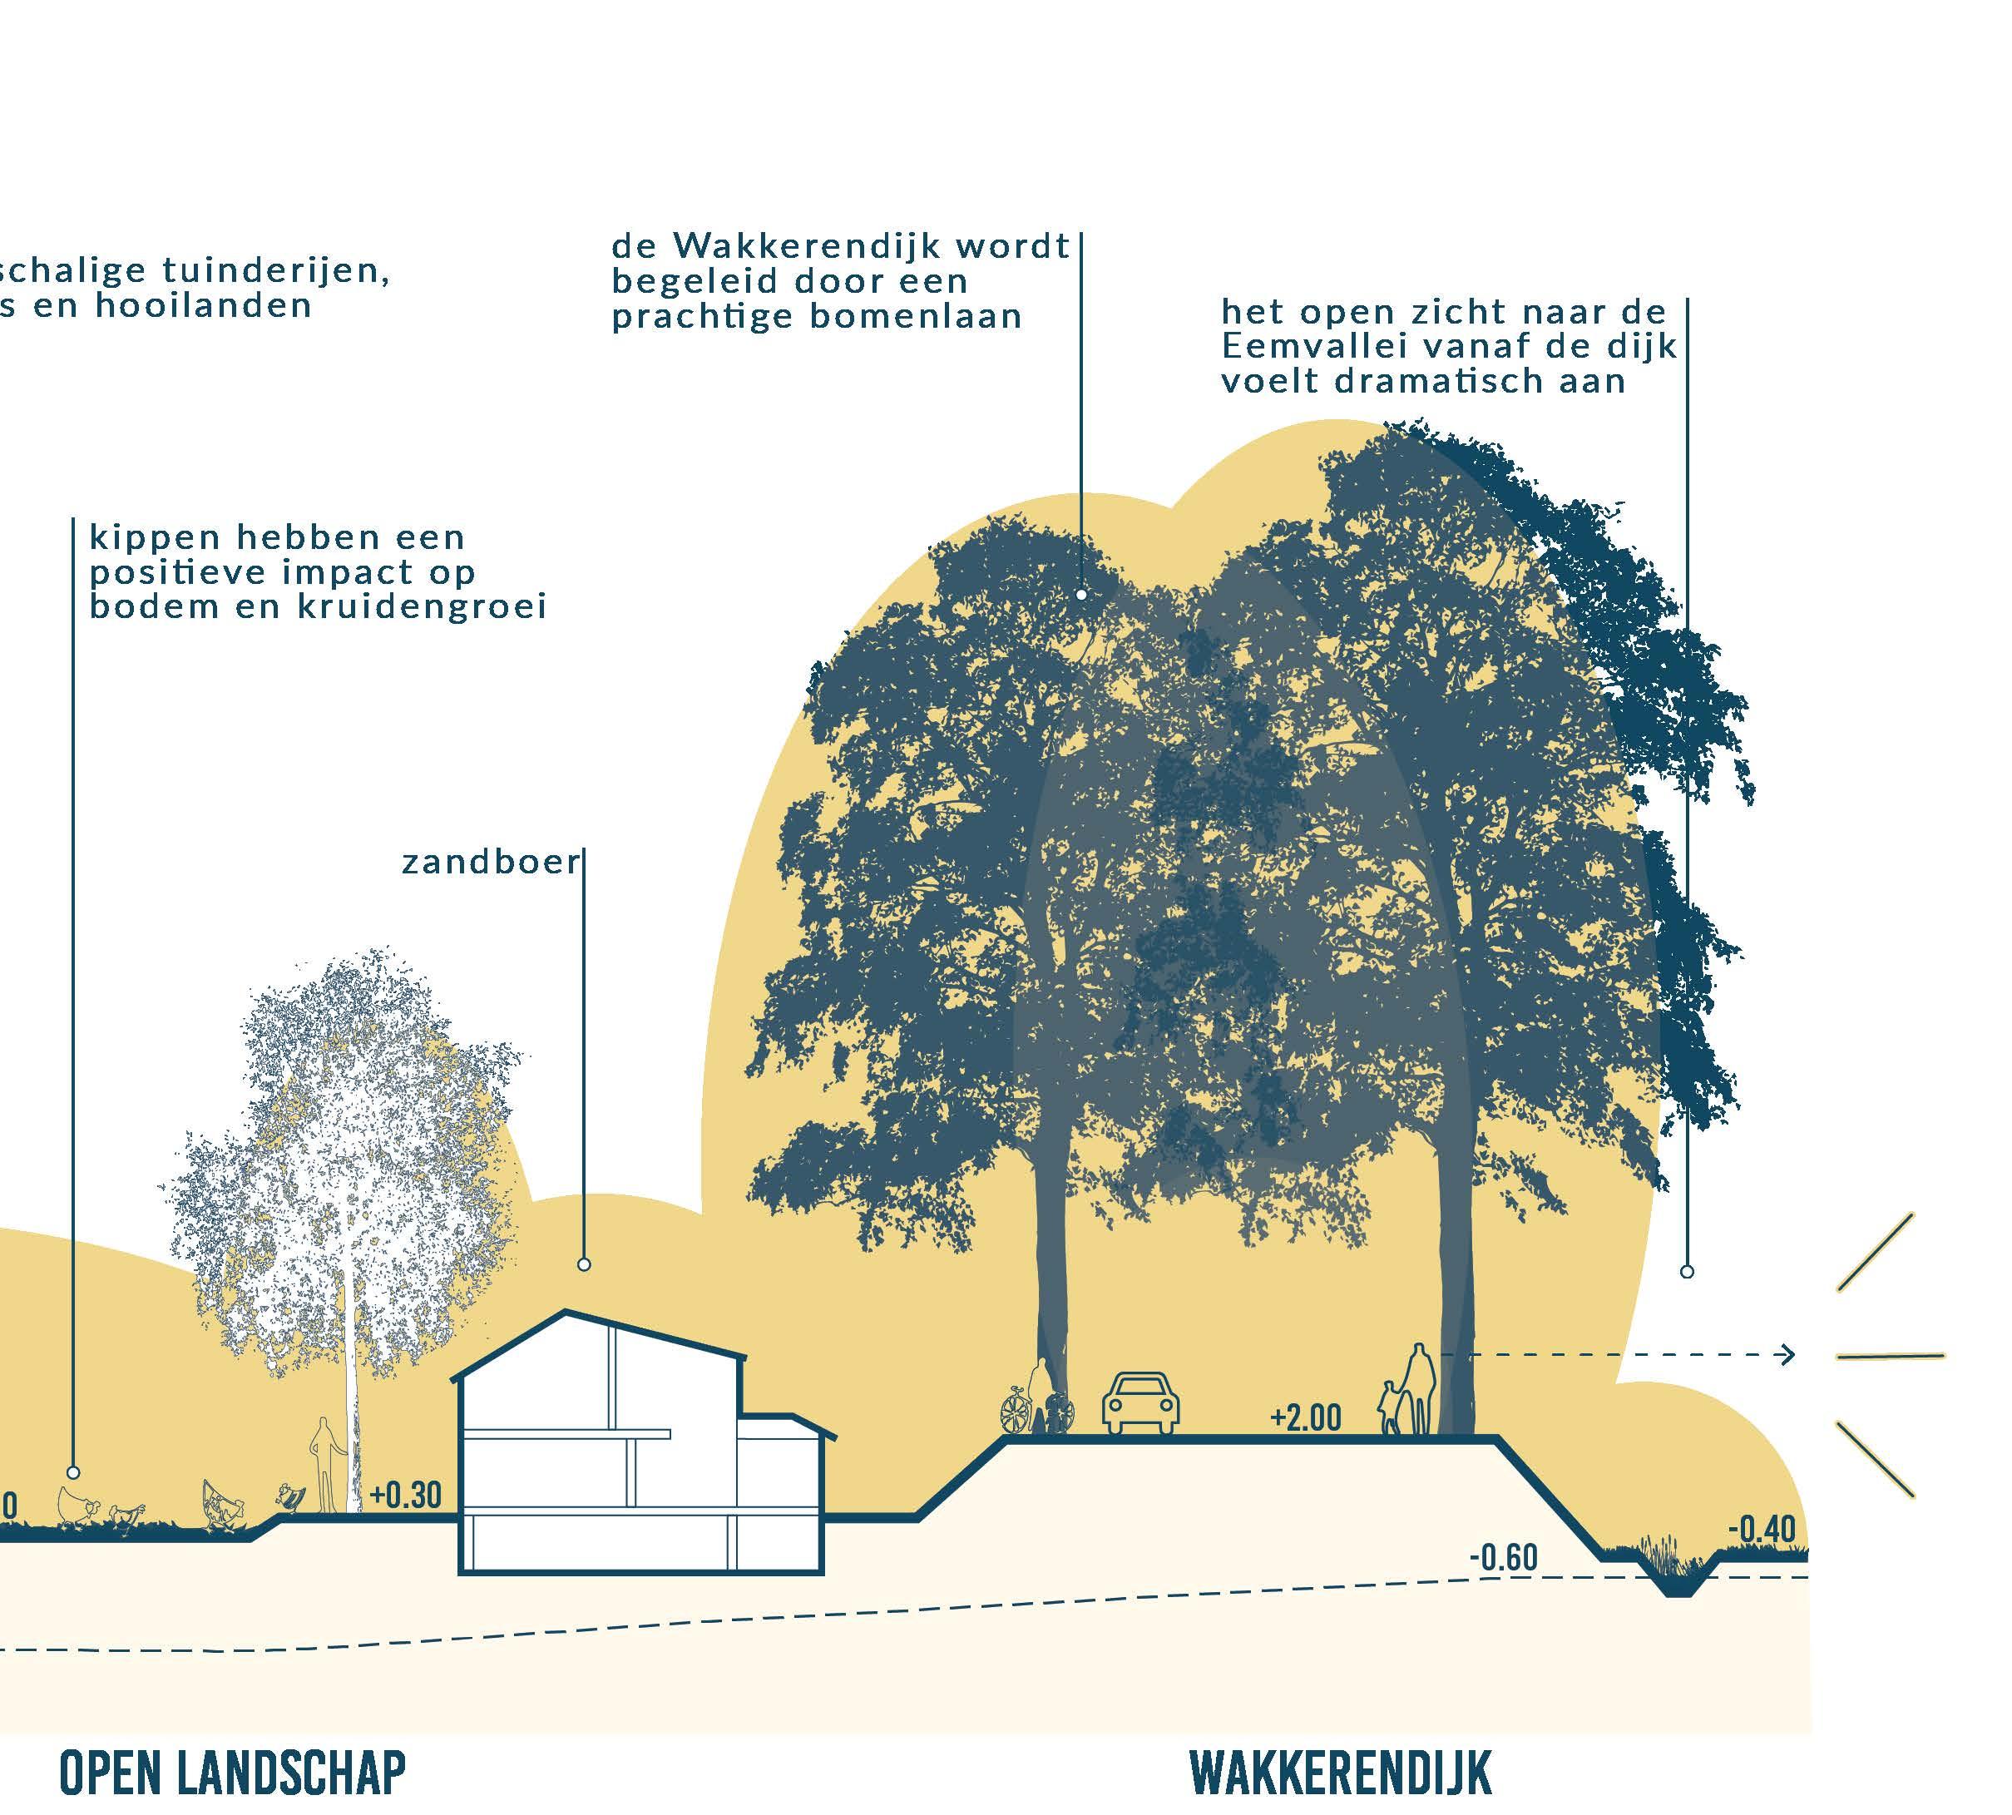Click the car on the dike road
coord(1140,1403)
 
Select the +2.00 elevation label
coord(1305,1417)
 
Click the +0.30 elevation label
coord(405,1494)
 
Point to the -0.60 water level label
coord(1502,1556)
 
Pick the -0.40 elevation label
coord(1762,1529)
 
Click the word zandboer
coord(491,862)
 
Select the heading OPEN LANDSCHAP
coord(232,1770)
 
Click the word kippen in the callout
coord(155,538)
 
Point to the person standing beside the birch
coord(322,1464)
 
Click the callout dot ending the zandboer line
coord(584,1264)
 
